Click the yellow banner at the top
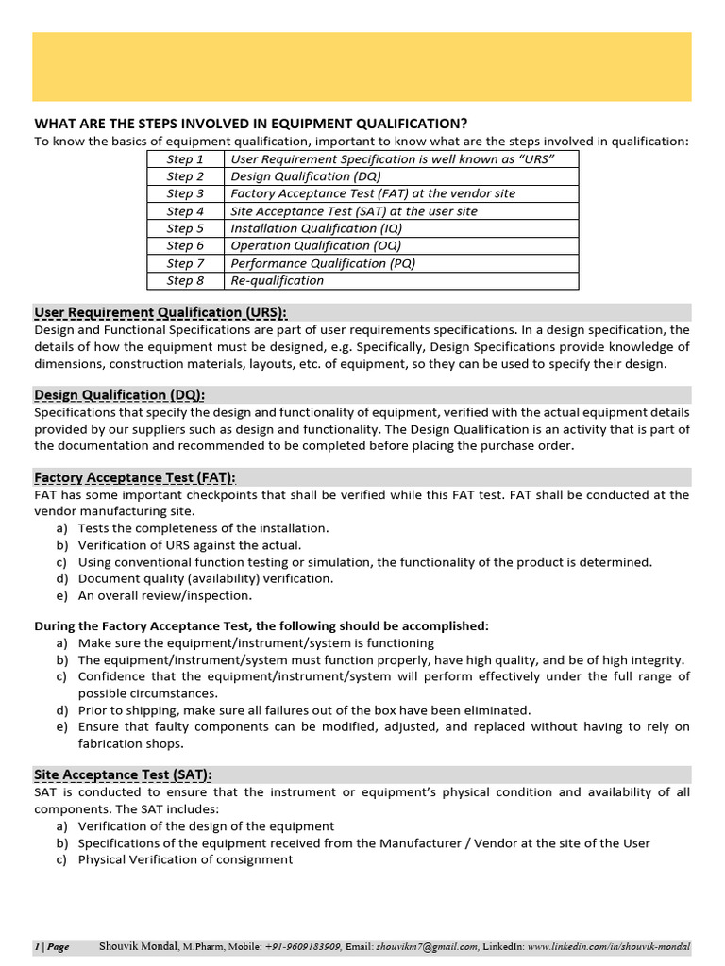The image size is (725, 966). pyautogui.click(x=362, y=66)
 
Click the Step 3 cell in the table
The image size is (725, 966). pyautogui.click(x=185, y=193)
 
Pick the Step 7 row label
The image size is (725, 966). pyautogui.click(x=185, y=263)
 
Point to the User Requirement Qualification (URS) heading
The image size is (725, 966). pyautogui.click(x=160, y=312)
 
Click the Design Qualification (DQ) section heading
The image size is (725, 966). pyautogui.click(x=119, y=394)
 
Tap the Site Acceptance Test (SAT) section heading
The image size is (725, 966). pyautogui.click(x=123, y=774)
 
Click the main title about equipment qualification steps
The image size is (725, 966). pyautogui.click(x=250, y=124)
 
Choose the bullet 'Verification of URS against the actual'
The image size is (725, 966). pyautogui.click(x=190, y=545)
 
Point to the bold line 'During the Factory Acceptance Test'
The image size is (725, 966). pyautogui.click(x=261, y=625)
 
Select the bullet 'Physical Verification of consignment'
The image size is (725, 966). pyautogui.click(x=185, y=859)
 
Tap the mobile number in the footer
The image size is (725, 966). pyautogui.click(x=302, y=947)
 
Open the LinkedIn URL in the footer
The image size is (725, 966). pyautogui.click(x=609, y=947)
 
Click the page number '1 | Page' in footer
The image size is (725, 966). pyautogui.click(x=52, y=947)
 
